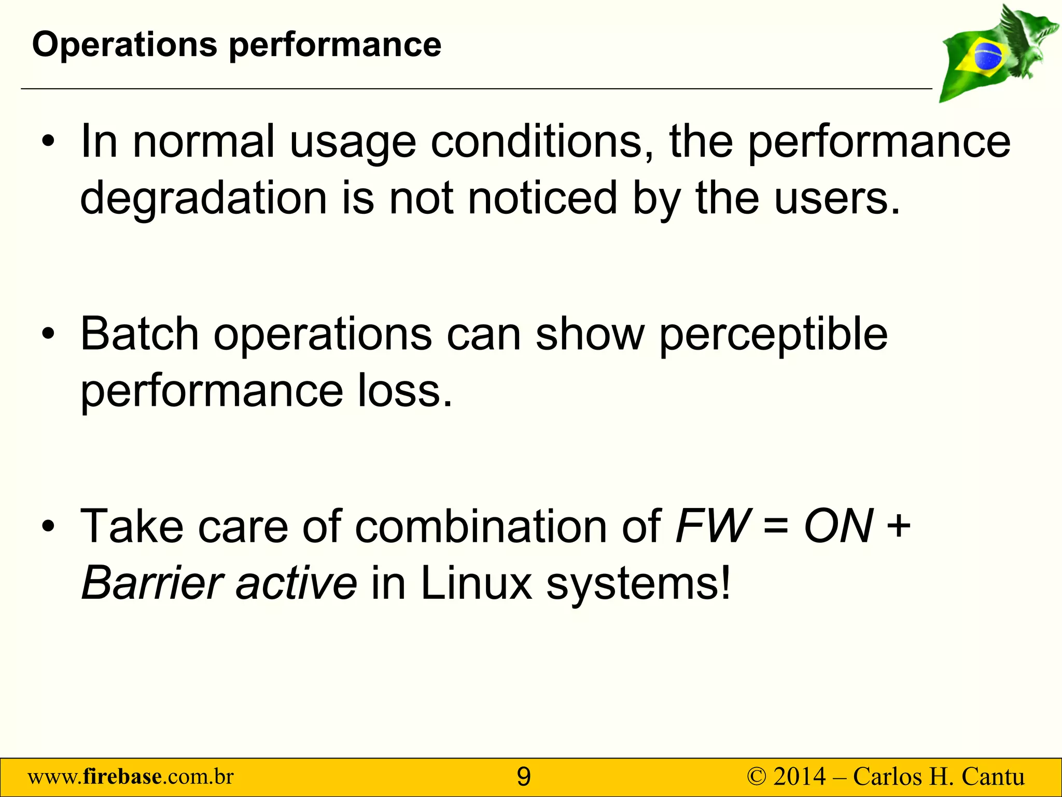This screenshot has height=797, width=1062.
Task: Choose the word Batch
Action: [x=139, y=334]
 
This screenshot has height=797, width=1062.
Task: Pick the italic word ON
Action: [x=839, y=526]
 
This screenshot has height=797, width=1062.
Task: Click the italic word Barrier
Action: [x=152, y=583]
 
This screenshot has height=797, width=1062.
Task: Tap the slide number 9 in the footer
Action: [x=524, y=777]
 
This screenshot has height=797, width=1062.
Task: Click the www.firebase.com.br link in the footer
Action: [x=131, y=777]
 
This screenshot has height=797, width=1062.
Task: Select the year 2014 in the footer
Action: [x=799, y=777]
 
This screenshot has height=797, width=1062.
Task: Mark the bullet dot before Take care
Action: [x=48, y=527]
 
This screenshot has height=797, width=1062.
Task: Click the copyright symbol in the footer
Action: [x=756, y=777]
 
